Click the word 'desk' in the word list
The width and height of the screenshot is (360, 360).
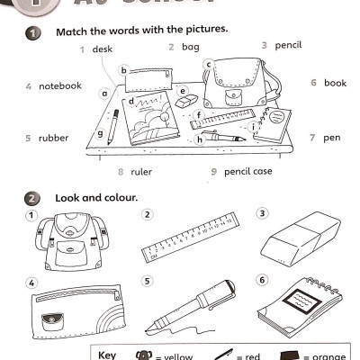coord(102,49)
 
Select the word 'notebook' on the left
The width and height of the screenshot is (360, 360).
coord(59,85)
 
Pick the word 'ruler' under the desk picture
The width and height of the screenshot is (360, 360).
coord(140,171)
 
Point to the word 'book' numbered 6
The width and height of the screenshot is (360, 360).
coord(335,83)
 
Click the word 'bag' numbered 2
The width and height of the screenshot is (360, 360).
coord(190,46)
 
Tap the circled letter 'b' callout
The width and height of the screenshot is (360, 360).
coord(125,68)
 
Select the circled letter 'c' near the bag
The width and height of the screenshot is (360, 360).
coord(208,64)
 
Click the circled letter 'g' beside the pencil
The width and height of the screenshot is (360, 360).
coord(100,134)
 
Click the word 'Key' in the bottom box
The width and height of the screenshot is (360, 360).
coord(107,355)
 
